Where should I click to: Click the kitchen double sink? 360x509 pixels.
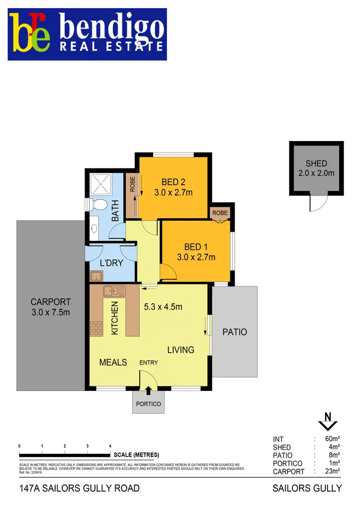(114, 290)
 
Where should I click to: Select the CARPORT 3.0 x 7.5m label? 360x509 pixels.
(51, 307)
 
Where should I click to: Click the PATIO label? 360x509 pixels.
(235, 331)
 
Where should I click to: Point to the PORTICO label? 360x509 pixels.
(148, 404)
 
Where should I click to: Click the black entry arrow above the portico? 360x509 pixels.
(148, 391)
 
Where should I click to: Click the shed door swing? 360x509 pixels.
(317, 204)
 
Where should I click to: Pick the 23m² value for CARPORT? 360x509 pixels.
(333, 472)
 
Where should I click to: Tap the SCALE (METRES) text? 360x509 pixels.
(136, 455)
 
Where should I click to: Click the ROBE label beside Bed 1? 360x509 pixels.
(220, 213)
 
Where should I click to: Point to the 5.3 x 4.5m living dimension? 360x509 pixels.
(163, 307)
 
